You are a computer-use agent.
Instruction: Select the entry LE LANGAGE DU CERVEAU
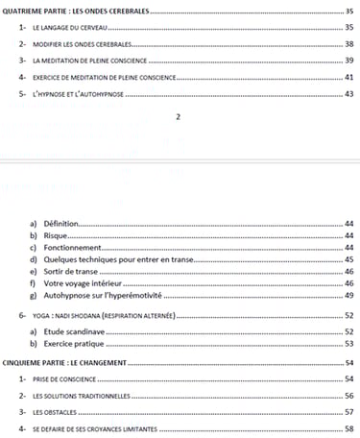pos(67,28)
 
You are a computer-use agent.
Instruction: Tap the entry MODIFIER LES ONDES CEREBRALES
pos(81,45)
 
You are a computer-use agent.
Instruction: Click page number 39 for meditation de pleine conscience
pos(349,61)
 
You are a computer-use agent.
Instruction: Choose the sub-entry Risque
pos(54,235)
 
